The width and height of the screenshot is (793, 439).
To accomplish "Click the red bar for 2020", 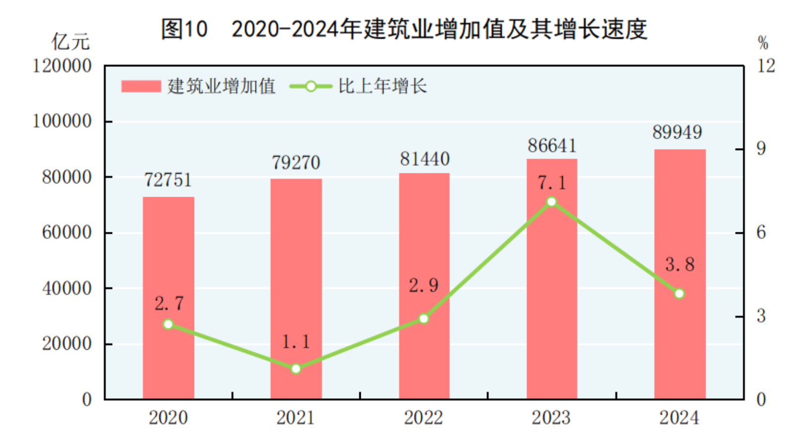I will pos(168,297).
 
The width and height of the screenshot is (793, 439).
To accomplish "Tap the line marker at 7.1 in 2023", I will pos(551,202).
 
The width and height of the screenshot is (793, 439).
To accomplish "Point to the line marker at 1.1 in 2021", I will pos(296,369).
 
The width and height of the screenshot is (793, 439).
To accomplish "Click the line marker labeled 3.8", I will pos(679,294).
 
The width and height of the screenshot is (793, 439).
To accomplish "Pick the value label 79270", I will pos(296,163).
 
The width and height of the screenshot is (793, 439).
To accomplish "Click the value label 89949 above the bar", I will pos(677,132).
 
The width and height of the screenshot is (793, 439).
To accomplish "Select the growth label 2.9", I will pos(423,285).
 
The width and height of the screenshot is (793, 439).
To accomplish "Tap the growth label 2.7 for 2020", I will pos(169,303).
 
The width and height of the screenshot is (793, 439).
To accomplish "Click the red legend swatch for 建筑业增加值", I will pos(141,86).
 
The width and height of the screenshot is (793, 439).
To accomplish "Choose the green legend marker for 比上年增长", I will pos(311,86).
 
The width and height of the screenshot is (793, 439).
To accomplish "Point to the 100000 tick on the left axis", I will pos(62,121).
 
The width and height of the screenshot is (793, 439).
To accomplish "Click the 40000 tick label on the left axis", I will pos(66,288).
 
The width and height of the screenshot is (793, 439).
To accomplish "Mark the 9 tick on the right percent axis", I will pos(761,149).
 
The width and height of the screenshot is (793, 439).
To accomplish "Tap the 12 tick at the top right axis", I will pos(766,65).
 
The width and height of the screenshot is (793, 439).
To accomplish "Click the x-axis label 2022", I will pos(423,418).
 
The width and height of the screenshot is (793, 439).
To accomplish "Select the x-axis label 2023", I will pos(551,418).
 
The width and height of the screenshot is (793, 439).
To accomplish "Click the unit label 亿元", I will pos(70,42).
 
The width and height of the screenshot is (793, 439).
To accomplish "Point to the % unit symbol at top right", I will pos(763,43).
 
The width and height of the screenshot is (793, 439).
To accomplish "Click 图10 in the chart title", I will pos(184,29).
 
